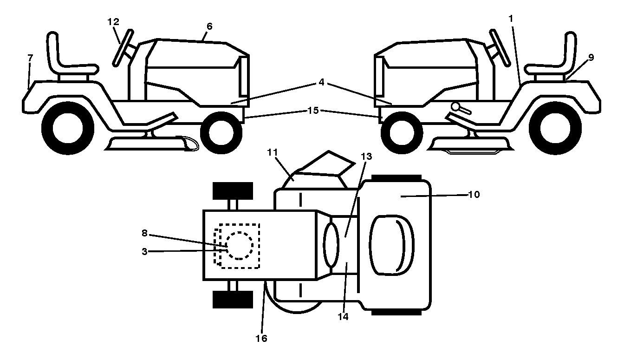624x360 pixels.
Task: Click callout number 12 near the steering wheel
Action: pyautogui.click(x=113, y=22)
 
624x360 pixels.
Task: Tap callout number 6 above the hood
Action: pyautogui.click(x=209, y=26)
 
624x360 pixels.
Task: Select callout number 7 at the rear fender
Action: pyautogui.click(x=30, y=58)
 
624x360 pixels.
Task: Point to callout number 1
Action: pyautogui.click(x=511, y=19)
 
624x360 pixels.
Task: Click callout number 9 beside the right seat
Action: pyautogui.click(x=591, y=58)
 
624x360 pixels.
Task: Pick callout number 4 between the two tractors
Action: pyautogui.click(x=321, y=82)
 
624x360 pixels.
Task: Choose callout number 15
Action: pyautogui.click(x=313, y=111)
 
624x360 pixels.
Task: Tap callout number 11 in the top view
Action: pyautogui.click(x=273, y=152)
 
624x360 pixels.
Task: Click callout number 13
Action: pyautogui.click(x=366, y=157)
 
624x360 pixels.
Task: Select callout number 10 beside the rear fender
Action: pyautogui.click(x=474, y=195)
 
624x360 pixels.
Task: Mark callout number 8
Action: pyautogui.click(x=144, y=233)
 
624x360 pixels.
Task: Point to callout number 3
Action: pyautogui.click(x=144, y=252)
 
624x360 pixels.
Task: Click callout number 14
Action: pyautogui.click(x=343, y=316)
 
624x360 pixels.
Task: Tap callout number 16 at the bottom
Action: pyautogui.click(x=261, y=338)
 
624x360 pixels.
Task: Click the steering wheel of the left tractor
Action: pyautogui.click(x=123, y=48)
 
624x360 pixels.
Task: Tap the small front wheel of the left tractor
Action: pyautogui.click(x=221, y=133)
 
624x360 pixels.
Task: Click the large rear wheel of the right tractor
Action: pyautogui.click(x=555, y=128)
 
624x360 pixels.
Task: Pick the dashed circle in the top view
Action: pyautogui.click(x=240, y=246)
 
